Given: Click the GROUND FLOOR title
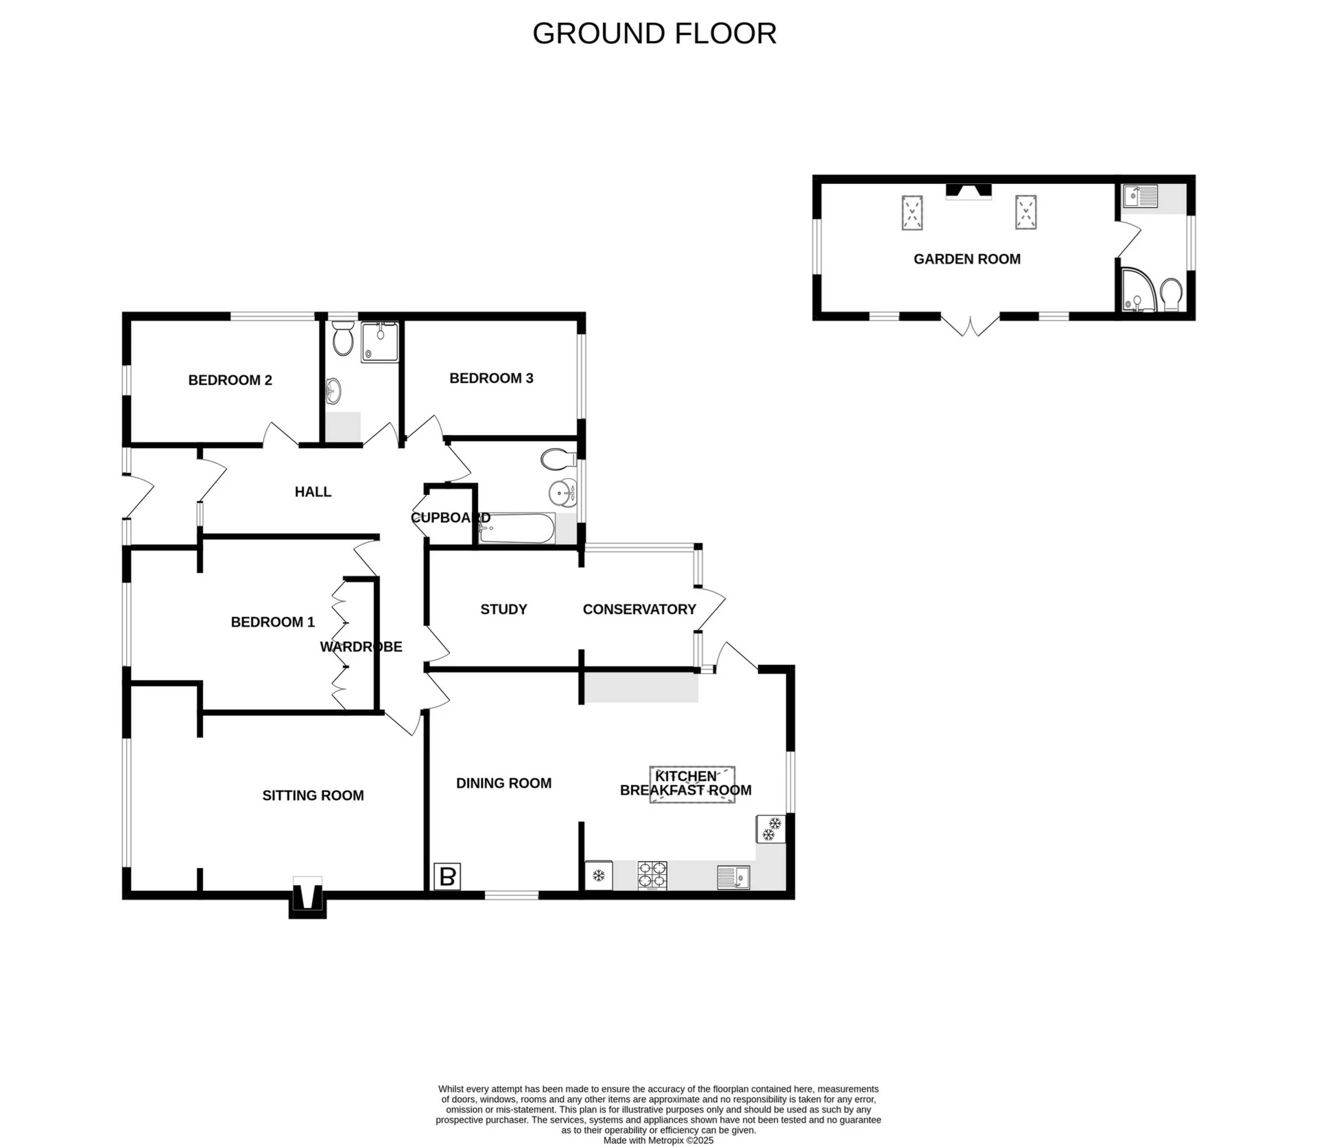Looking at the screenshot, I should click(654, 34).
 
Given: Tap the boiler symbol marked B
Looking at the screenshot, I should click(447, 876).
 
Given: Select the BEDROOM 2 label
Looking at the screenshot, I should click(230, 380).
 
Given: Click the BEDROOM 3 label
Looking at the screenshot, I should click(491, 378).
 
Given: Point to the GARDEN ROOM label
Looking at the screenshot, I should click(966, 259).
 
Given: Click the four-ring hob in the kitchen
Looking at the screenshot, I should click(652, 876).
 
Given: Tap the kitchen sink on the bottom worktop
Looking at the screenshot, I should click(733, 877).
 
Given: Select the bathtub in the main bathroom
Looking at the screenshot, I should click(517, 528).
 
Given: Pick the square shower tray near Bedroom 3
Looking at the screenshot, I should click(379, 342).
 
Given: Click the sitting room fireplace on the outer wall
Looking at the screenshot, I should click(307, 898).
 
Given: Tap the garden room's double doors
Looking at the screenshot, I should click(970, 325).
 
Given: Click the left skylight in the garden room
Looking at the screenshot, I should click(912, 212).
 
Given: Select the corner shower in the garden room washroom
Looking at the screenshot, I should click(1138, 292).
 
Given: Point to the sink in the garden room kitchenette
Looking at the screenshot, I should click(1139, 196).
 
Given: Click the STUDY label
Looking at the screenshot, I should click(503, 609).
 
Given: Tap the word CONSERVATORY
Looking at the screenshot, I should click(639, 609).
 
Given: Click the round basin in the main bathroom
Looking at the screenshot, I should click(563, 493).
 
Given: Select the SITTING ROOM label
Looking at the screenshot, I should click(313, 795).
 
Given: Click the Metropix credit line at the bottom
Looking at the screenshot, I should click(658, 1141).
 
